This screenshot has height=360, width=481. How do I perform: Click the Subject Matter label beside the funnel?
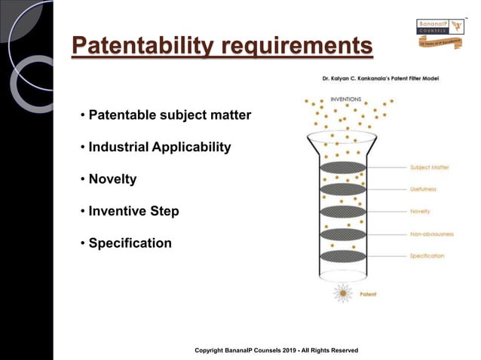[430, 167]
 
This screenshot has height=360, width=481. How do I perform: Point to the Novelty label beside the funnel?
[420, 211]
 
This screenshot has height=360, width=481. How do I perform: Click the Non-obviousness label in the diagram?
[431, 233]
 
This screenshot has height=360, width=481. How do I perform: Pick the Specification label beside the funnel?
[427, 256]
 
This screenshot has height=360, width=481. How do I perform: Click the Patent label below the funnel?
[369, 294]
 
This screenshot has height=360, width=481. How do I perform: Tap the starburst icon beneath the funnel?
[344, 294]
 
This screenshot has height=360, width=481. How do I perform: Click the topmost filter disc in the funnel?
[343, 167]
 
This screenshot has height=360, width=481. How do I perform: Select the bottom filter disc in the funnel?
[343, 256]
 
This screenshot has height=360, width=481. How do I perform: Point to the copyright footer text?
[276, 350]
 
